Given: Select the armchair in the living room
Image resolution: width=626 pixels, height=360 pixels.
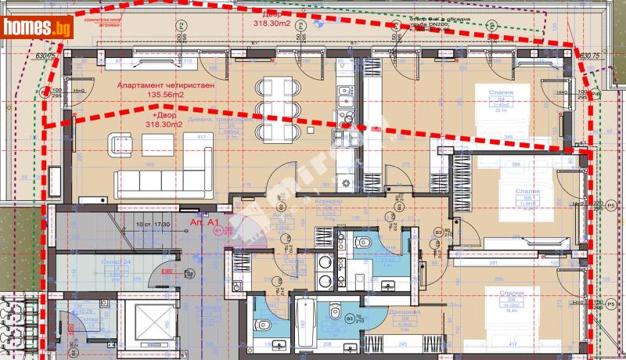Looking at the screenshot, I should [x=121, y=143].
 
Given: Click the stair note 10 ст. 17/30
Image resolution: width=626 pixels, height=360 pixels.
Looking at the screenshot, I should [x=152, y=224].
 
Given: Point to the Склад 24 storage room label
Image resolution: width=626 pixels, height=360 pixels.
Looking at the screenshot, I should [x=117, y=261].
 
